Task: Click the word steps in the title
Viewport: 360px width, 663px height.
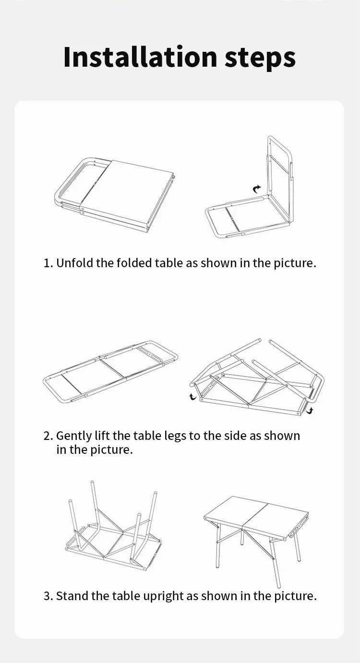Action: (260, 58)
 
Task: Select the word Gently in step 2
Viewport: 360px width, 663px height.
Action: (72, 436)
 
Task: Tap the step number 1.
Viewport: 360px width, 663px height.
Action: (47, 263)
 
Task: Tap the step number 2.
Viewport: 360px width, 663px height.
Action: (47, 436)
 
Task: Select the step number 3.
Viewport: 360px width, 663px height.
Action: (47, 596)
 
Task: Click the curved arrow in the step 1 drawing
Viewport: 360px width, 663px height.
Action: (257, 189)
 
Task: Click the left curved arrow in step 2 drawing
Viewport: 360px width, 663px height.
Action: (193, 396)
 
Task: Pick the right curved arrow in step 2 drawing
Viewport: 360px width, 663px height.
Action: (310, 410)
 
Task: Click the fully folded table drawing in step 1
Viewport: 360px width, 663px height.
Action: (115, 194)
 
